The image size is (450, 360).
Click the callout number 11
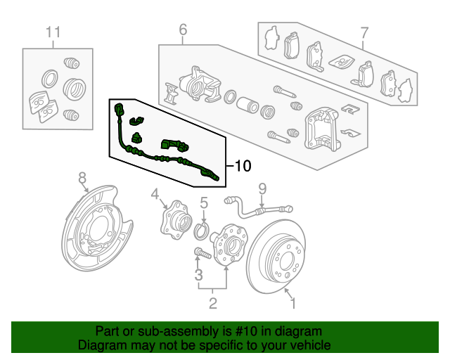53,32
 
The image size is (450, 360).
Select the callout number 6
183,30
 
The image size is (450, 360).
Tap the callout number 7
364,33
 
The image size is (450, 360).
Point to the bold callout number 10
243,166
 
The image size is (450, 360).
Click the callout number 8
82,178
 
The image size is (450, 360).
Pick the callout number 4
155,194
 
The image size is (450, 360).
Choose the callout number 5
204,203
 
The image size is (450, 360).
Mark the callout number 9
262,189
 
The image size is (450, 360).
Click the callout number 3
198,275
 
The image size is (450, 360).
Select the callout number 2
212,304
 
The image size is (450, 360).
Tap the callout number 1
293,304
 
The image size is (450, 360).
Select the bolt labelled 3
202,253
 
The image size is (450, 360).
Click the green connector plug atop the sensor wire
119,110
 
